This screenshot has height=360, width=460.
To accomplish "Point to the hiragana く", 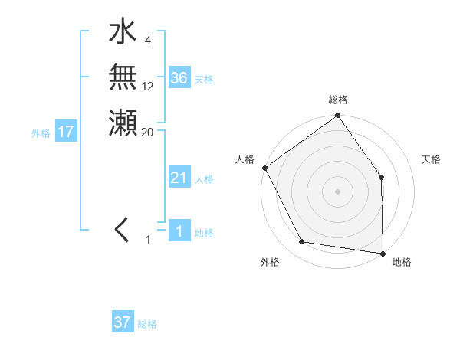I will pyautogui.click(x=122, y=231).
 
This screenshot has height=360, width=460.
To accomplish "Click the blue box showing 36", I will pyautogui.click(x=179, y=78).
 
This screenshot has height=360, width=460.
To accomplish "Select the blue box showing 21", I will pyautogui.click(x=179, y=178).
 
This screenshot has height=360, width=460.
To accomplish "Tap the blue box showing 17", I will pyautogui.click(x=66, y=132).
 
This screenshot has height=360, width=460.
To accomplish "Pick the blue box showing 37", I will pyautogui.click(x=123, y=322).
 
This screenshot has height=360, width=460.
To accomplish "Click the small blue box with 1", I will pyautogui.click(x=179, y=231).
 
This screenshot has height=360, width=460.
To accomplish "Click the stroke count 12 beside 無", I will pyautogui.click(x=148, y=87).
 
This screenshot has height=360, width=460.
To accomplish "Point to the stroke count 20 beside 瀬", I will pyautogui.click(x=148, y=132).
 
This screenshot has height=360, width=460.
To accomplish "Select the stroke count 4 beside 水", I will pyautogui.click(x=148, y=40).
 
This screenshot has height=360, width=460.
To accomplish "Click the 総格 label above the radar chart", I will pyautogui.click(x=338, y=100).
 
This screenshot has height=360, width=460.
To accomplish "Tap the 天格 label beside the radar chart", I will pyautogui.click(x=431, y=159).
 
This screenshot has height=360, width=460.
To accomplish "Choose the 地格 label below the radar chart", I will pyautogui.click(x=402, y=262).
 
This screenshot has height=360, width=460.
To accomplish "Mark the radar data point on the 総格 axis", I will pyautogui.click(x=337, y=116).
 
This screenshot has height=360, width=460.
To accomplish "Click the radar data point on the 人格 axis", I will pyautogui.click(x=265, y=168).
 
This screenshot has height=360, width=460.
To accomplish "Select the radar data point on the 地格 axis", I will pyautogui.click(x=383, y=252).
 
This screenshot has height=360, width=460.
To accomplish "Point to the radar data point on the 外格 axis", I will pyautogui.click(x=302, y=242).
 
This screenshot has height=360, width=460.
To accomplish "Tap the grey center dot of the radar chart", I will pyautogui.click(x=337, y=191).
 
